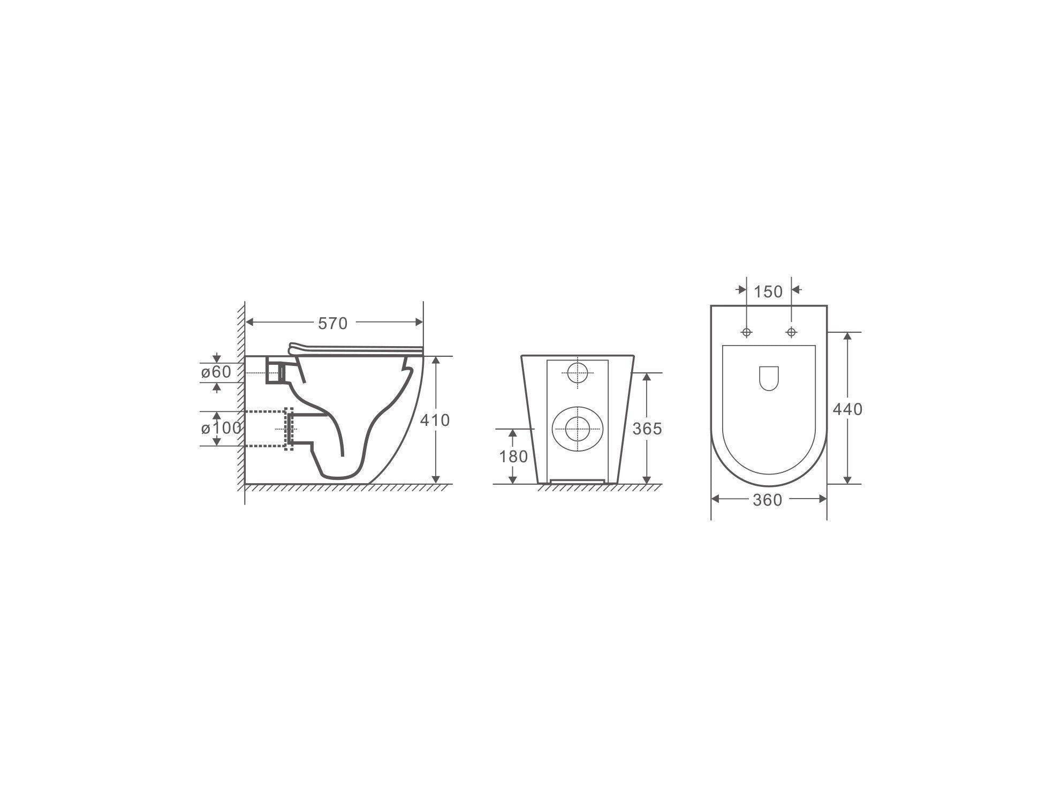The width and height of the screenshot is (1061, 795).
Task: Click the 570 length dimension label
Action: coord(332,323)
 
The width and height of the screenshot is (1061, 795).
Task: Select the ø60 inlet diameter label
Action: coord(216,372)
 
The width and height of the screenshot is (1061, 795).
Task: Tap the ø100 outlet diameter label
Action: coord(221,428)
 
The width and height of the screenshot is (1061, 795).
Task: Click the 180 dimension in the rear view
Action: coord(513,456)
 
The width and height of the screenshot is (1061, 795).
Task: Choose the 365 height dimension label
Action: coord(647,429)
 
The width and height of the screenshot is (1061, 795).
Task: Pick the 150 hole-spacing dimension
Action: coord(768,292)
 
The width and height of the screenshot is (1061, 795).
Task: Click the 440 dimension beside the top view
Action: coord(847,409)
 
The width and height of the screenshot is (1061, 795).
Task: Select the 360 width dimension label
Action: coord(767,500)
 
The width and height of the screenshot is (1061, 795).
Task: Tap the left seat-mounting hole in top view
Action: coord(747,332)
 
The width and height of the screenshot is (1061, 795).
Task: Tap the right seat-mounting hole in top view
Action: coord(791,332)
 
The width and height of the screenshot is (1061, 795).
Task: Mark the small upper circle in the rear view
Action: coord(577,372)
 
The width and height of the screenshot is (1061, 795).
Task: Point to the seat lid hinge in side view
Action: coord(294,348)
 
